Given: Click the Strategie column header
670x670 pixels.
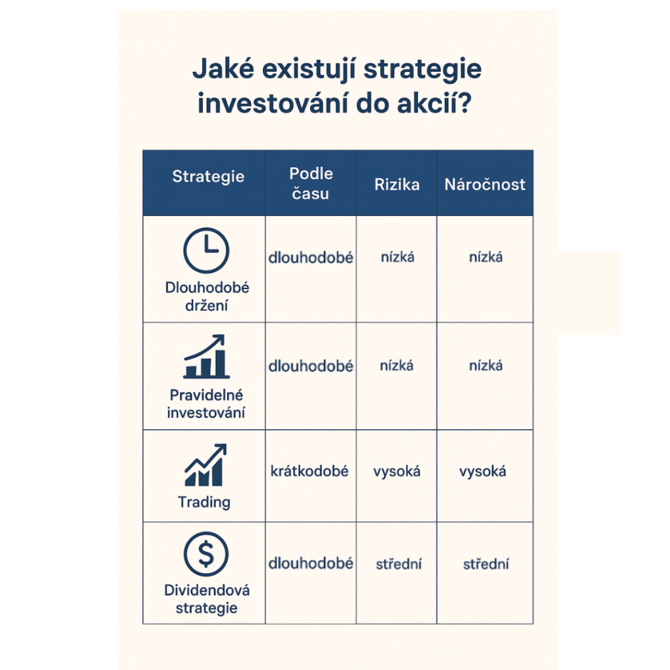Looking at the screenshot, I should (208, 176).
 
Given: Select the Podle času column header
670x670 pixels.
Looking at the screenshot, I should (311, 183).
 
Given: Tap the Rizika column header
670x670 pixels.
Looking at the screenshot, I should (397, 185).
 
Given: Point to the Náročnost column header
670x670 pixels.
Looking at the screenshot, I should (485, 185).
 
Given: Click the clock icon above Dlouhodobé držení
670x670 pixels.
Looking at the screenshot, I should (206, 251).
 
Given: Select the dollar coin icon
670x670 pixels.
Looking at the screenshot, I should (206, 554).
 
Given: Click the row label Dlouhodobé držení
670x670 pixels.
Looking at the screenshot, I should (207, 296).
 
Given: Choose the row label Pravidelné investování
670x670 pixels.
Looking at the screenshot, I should (206, 404).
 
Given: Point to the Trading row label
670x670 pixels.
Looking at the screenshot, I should (204, 502).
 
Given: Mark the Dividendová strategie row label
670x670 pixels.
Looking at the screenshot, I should (207, 599).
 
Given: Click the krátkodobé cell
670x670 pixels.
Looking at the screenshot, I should (309, 471).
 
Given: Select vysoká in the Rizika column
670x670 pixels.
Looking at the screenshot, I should (397, 471).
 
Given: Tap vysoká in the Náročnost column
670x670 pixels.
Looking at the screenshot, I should (483, 471).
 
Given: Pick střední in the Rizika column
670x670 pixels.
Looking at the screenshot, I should (398, 564).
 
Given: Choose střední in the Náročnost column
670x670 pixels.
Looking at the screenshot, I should (485, 564).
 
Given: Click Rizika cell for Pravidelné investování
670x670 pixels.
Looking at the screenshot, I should (397, 366).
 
